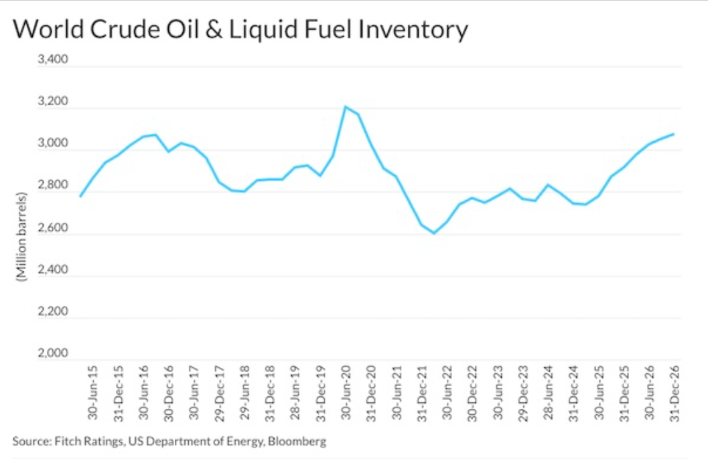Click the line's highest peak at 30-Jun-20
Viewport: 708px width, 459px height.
(345, 106)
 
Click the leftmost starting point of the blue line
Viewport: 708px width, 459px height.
(80, 196)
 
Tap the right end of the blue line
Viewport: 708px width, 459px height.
(673, 134)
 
